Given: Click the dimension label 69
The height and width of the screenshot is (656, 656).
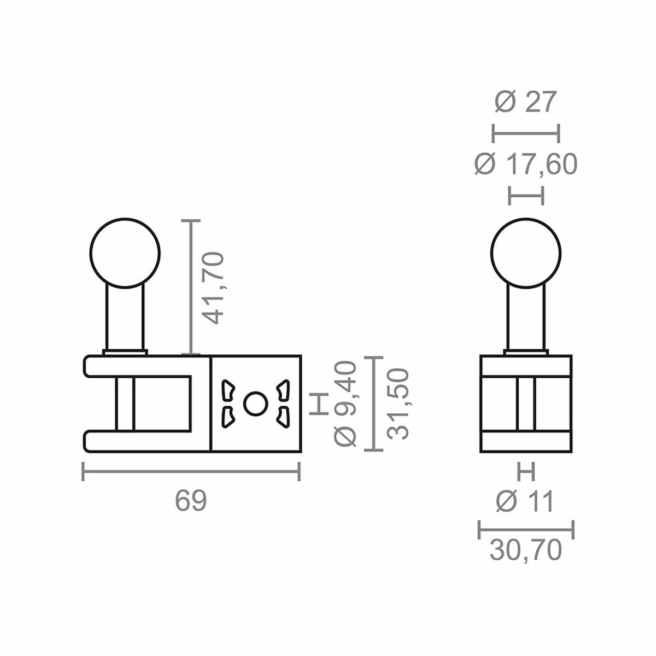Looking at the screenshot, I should (191, 501).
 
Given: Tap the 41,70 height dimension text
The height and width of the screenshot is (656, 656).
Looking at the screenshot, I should (212, 288).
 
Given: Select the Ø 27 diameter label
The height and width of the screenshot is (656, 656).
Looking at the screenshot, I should (525, 102).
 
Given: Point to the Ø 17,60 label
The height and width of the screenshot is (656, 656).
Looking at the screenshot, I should (525, 165).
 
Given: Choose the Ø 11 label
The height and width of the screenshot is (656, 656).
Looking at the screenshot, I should (525, 501).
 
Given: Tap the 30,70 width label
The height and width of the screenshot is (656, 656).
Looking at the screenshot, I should (525, 550).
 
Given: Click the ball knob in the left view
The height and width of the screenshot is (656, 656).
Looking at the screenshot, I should (125, 253).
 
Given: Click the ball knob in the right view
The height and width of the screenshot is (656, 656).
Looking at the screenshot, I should (526, 253).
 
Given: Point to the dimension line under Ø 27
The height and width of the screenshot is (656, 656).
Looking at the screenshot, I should (526, 133).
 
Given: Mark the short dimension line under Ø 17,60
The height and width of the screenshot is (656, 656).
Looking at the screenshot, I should (526, 195).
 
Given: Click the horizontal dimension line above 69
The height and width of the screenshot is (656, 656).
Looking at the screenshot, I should (191, 471).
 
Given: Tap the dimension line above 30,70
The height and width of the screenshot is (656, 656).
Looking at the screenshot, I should (526, 529).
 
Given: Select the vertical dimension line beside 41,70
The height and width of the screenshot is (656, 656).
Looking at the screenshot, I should (191, 287).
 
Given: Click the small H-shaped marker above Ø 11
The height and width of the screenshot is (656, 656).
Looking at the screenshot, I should (526, 470).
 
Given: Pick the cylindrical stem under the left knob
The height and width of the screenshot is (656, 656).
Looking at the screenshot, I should (125, 320).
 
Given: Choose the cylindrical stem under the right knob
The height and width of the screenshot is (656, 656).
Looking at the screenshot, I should (526, 320).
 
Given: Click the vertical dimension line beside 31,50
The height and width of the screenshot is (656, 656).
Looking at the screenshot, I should (373, 404).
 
